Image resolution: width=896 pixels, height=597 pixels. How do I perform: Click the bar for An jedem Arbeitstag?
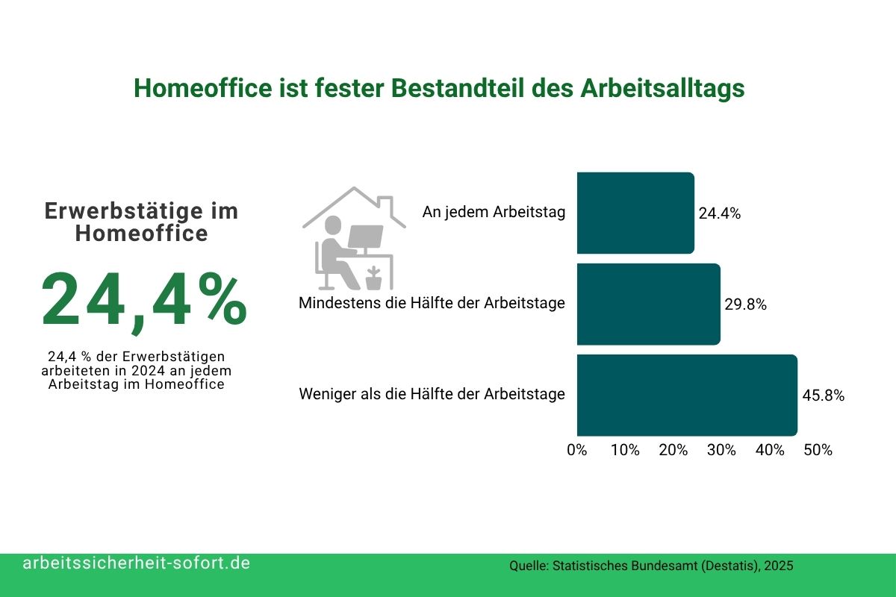[635, 213]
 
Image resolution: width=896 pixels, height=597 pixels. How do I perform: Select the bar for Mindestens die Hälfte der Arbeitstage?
[648, 304]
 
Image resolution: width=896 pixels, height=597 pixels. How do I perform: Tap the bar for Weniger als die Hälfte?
[687, 395]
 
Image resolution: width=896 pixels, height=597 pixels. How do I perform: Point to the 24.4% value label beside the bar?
[719, 213]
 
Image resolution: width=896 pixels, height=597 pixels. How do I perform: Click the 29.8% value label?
[745, 304]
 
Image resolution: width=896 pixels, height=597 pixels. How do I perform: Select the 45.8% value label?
[823, 396]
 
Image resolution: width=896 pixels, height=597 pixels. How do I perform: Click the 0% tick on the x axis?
[577, 451]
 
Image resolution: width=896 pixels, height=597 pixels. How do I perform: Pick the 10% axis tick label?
[625, 451]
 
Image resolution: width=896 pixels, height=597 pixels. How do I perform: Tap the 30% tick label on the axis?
[721, 451]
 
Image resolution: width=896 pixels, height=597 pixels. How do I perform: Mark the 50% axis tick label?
[818, 451]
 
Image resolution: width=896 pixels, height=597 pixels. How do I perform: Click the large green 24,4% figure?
[143, 301]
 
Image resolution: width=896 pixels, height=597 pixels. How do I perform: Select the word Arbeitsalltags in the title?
[662, 89]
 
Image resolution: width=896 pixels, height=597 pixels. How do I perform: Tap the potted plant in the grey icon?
[373, 278]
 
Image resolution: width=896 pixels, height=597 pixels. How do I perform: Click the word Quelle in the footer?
[528, 566]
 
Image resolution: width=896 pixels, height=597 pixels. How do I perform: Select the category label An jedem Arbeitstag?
[494, 212]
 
